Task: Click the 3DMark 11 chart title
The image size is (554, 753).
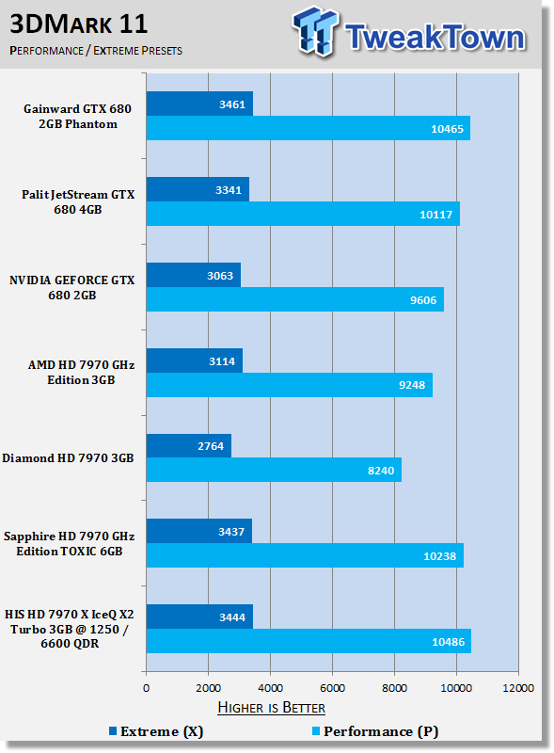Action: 79,24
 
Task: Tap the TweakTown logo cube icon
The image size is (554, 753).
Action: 315,30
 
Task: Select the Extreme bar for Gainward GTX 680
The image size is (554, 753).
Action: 199,104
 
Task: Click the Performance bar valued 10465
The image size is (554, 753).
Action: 309,128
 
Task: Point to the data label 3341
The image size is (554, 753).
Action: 229,190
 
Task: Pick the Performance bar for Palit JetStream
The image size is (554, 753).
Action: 303,214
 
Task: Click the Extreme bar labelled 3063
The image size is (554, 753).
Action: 194,275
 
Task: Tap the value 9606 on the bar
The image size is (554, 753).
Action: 423,300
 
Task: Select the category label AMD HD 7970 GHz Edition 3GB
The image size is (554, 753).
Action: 81,373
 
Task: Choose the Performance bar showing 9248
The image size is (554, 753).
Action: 290,385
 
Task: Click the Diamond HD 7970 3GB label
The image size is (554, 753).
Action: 68,458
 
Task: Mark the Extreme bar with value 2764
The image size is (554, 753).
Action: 189,445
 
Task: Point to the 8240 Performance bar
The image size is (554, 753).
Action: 274,470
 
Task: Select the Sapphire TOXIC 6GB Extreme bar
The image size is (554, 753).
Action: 199,531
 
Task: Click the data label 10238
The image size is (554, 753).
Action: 440,556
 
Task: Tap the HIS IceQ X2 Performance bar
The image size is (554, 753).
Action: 309,641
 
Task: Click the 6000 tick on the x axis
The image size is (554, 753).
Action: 332,688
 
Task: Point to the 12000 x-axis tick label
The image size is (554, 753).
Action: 518,688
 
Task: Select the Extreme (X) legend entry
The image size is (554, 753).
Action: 156,731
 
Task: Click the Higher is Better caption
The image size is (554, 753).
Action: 271,708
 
